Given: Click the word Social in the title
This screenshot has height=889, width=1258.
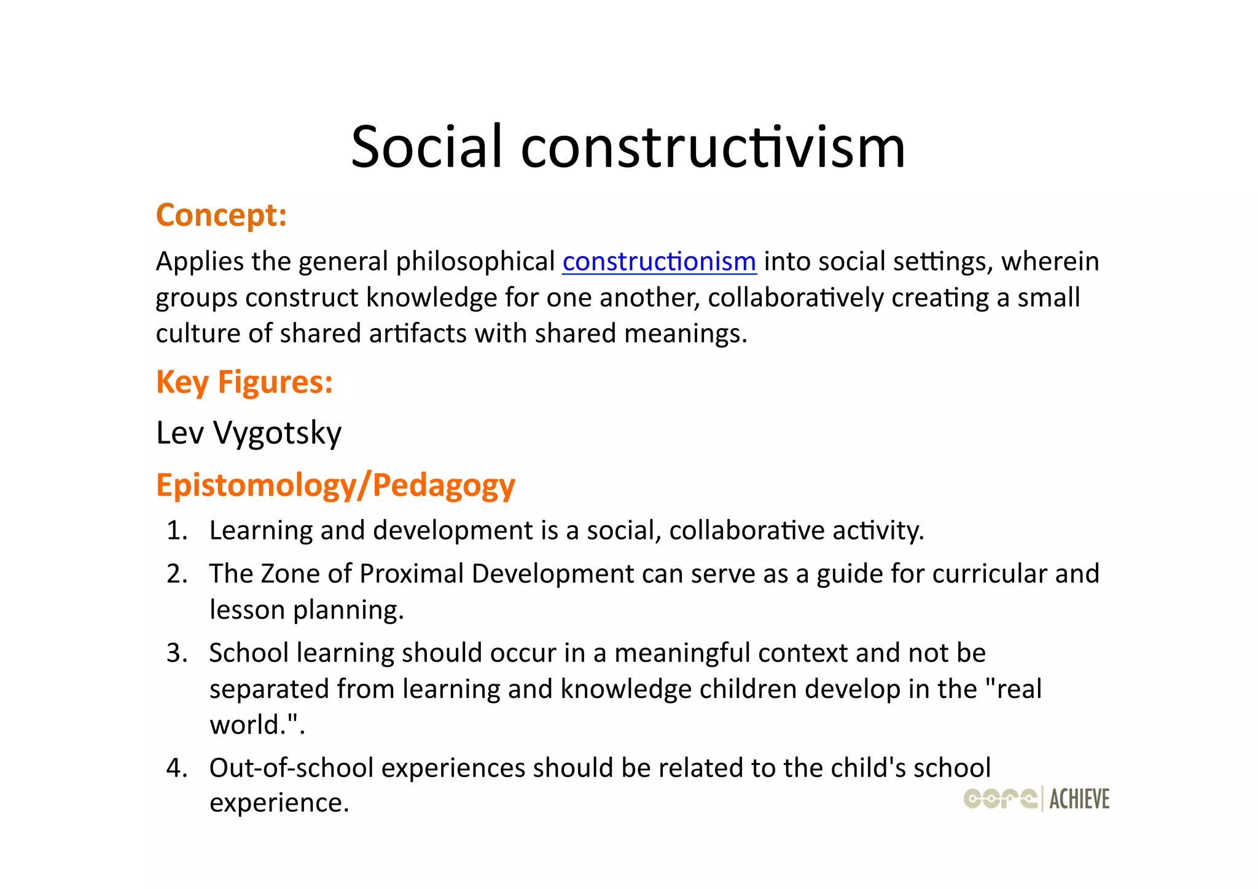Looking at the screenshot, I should coord(426,147).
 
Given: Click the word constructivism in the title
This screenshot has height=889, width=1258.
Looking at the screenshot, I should coord(713,147).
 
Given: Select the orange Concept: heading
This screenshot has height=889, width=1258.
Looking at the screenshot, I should coord(221,216).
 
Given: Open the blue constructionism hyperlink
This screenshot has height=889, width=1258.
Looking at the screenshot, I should coord(659,262).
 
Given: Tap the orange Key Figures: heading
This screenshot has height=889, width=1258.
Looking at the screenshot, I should coord(244,382).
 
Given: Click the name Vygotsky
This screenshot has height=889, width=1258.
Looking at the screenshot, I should coord(277,434).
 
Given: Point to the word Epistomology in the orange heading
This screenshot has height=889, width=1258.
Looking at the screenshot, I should coord(256,485).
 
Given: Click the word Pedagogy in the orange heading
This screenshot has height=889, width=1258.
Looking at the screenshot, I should coord(443,485).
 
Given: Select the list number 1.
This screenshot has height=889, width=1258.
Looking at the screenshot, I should coord(176,531).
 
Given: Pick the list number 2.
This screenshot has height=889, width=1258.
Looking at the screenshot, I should coord(176,574).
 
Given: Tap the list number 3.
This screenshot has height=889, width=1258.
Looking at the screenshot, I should coord(176,653).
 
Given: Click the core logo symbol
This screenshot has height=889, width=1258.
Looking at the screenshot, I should coord(1000,798).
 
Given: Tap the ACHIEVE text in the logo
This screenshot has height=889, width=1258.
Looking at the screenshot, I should coord(1079,799).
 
